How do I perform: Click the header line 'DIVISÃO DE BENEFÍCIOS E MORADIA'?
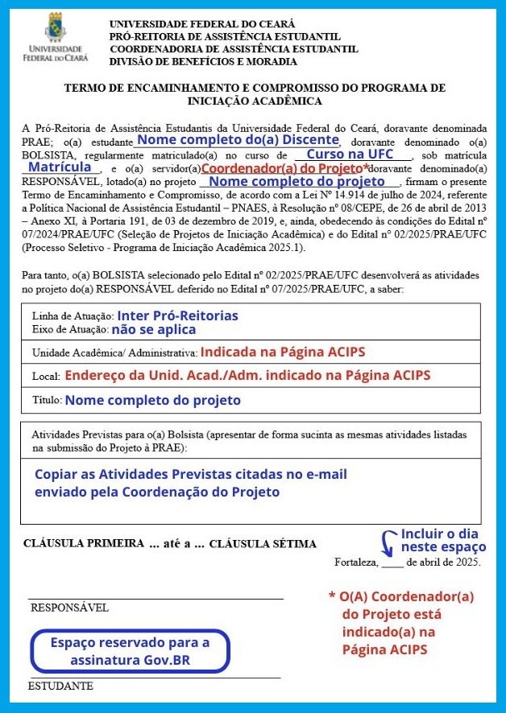tap(203, 61)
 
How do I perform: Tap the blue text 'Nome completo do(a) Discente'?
tap(237, 139)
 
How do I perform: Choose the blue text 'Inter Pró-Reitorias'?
tap(177, 315)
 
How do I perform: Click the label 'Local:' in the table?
tap(46, 377)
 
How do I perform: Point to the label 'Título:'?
tap(47, 400)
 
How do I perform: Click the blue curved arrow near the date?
tap(388, 543)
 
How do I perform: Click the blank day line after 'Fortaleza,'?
tap(392, 562)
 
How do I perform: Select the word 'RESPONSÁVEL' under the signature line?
tap(69, 608)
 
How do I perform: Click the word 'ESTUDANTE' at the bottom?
tap(60, 686)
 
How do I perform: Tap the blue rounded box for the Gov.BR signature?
tap(130, 651)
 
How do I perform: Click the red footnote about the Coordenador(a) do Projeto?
tap(402, 623)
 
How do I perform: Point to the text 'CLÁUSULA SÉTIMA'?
tap(263, 544)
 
